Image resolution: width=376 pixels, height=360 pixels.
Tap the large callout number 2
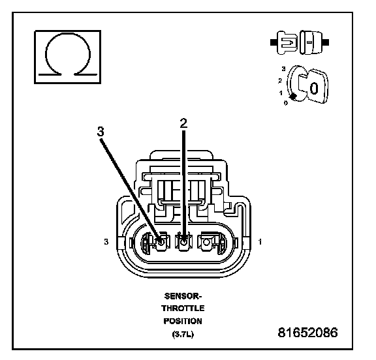pos(183,123)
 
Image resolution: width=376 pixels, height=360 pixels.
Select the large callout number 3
pos(101,132)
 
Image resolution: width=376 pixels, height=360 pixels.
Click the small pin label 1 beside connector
pos(260,242)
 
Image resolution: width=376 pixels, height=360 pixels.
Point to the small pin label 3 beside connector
pos(106,242)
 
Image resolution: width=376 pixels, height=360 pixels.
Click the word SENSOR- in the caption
pos(183,296)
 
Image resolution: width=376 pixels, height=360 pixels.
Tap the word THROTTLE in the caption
pos(183,308)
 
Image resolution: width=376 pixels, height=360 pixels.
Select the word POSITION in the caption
pos(183,322)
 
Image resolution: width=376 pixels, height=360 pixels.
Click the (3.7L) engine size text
pos(183,334)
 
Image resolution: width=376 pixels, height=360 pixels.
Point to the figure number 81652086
pos(308,333)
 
